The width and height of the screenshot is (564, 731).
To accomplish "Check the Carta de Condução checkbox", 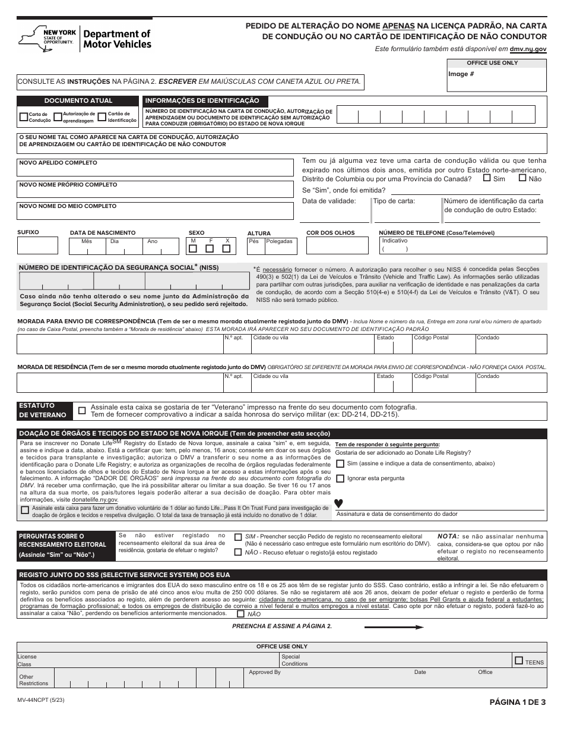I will pyautogui.click(x=24, y=117).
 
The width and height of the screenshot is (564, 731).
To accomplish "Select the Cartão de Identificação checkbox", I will pyautogui.click(x=102, y=117).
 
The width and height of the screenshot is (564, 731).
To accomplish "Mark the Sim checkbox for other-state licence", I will pyautogui.click(x=487, y=178).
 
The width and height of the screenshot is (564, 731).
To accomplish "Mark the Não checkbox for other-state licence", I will pyautogui.click(x=522, y=178).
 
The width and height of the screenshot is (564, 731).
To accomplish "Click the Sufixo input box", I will pyautogui.click(x=37, y=245).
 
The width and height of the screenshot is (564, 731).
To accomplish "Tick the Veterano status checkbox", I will pyautogui.click(x=82, y=410).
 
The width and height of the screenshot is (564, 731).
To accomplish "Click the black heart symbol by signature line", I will pyautogui.click(x=338, y=503).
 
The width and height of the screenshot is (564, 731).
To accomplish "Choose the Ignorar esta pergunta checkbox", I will pyautogui.click(x=340, y=478).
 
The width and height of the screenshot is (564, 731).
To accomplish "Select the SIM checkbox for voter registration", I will pyautogui.click(x=238, y=537).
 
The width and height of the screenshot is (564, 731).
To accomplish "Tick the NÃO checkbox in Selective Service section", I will pyautogui.click(x=240, y=613).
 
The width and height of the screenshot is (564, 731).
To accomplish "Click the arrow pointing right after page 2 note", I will pyautogui.click(x=394, y=626).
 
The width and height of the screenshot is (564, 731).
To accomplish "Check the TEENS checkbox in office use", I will pyautogui.click(x=519, y=660).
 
